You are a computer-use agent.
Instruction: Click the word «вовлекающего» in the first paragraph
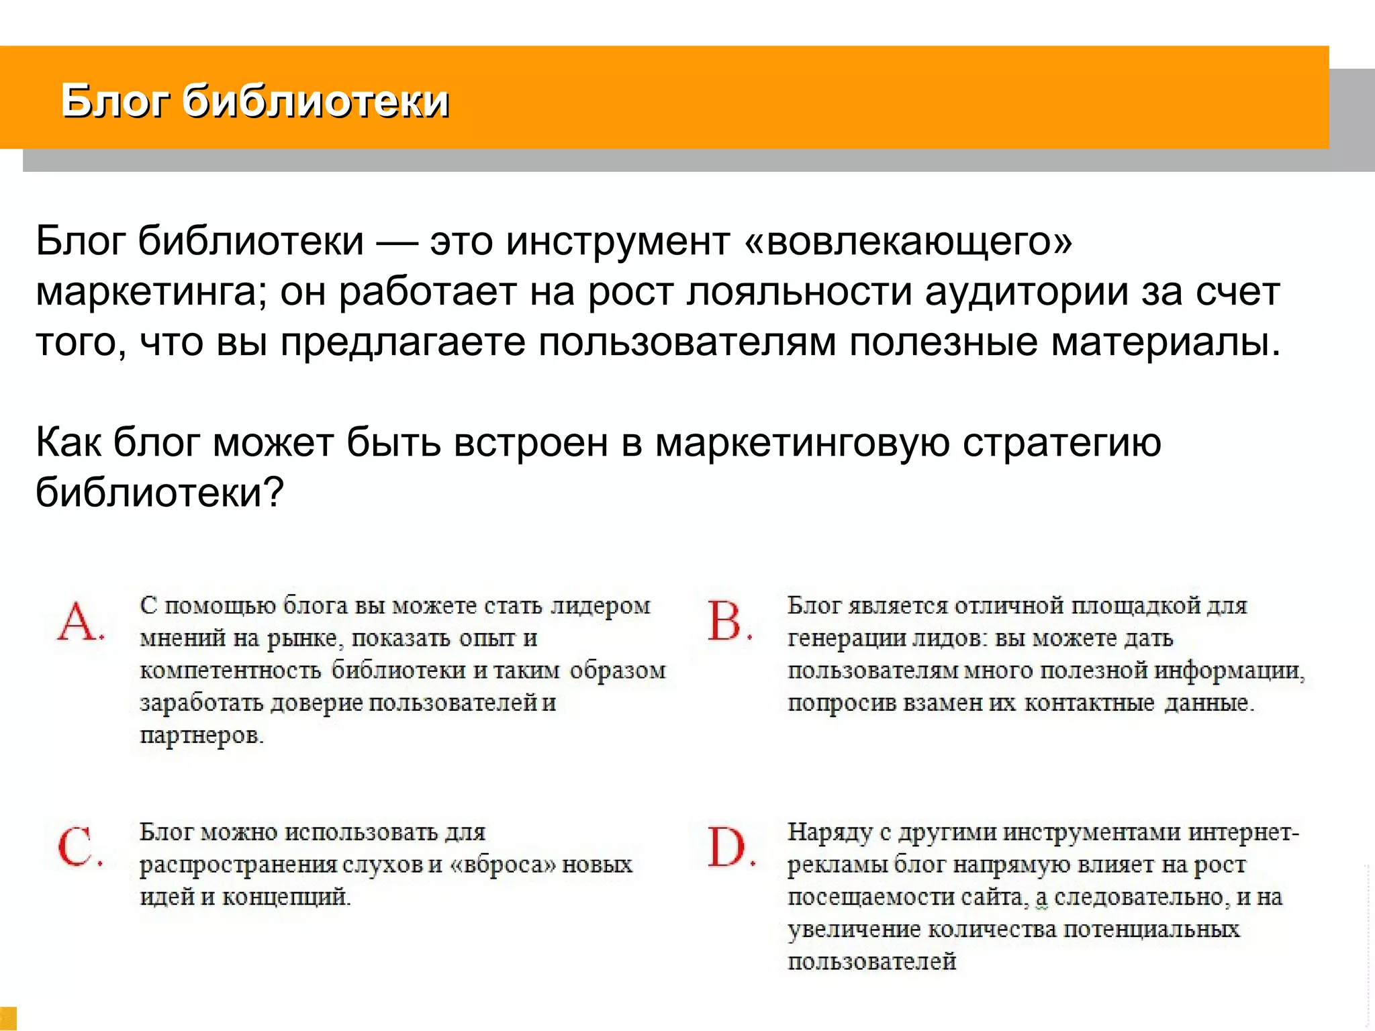coord(908,242)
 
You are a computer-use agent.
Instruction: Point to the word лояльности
coord(798,292)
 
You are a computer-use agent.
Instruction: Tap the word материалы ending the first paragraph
coord(1166,342)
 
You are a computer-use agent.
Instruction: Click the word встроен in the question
coord(530,443)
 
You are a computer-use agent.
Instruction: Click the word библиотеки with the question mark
coord(159,493)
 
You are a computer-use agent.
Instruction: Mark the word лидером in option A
coord(600,606)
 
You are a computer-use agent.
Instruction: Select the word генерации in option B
coord(847,638)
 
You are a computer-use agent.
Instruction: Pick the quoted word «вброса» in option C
coord(502,865)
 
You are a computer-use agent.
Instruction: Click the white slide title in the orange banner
coord(254,102)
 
